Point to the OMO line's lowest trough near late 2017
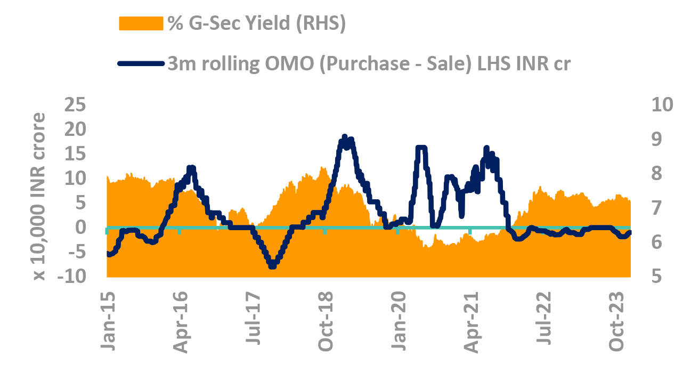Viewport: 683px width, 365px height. click(272, 265)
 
